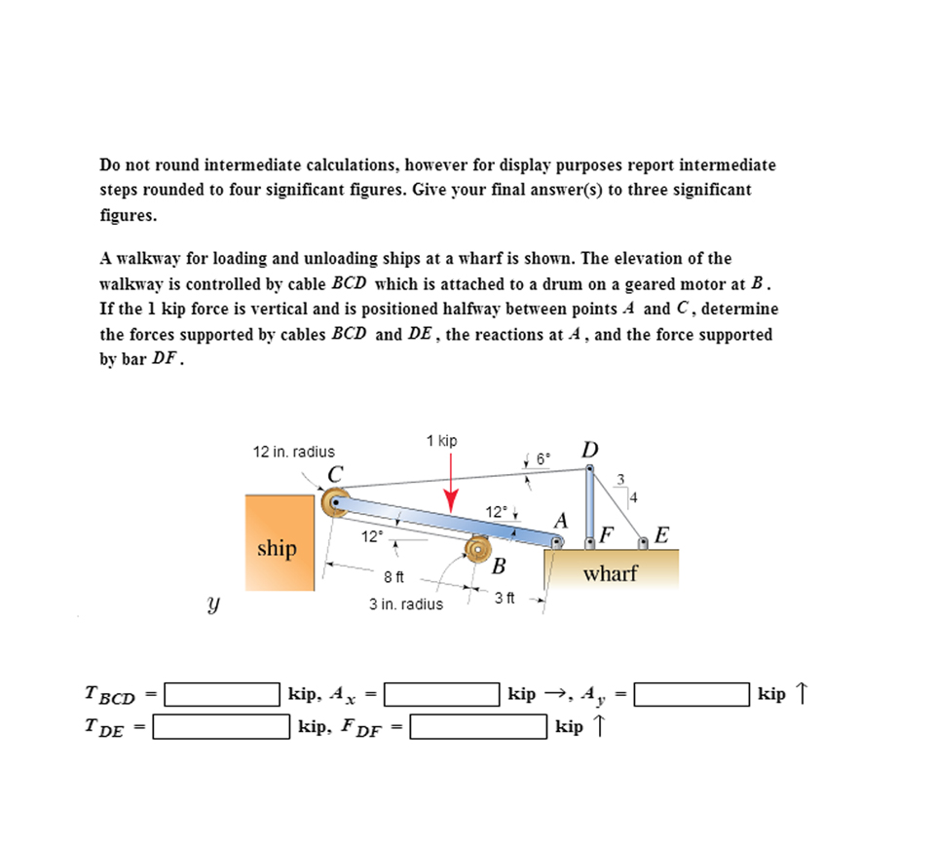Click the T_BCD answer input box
pos(222,694)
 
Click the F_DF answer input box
pos(478,726)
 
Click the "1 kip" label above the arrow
pos(441,441)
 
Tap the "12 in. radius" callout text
pos(293,452)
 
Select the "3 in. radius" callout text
pos(405,603)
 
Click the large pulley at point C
pos(336,504)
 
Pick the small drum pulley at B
pos(478,549)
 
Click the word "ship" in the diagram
pos(277,549)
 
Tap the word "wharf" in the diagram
pos(610,573)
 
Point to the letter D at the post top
pos(589,450)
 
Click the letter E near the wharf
pos(662,534)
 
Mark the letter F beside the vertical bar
pos(607,533)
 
